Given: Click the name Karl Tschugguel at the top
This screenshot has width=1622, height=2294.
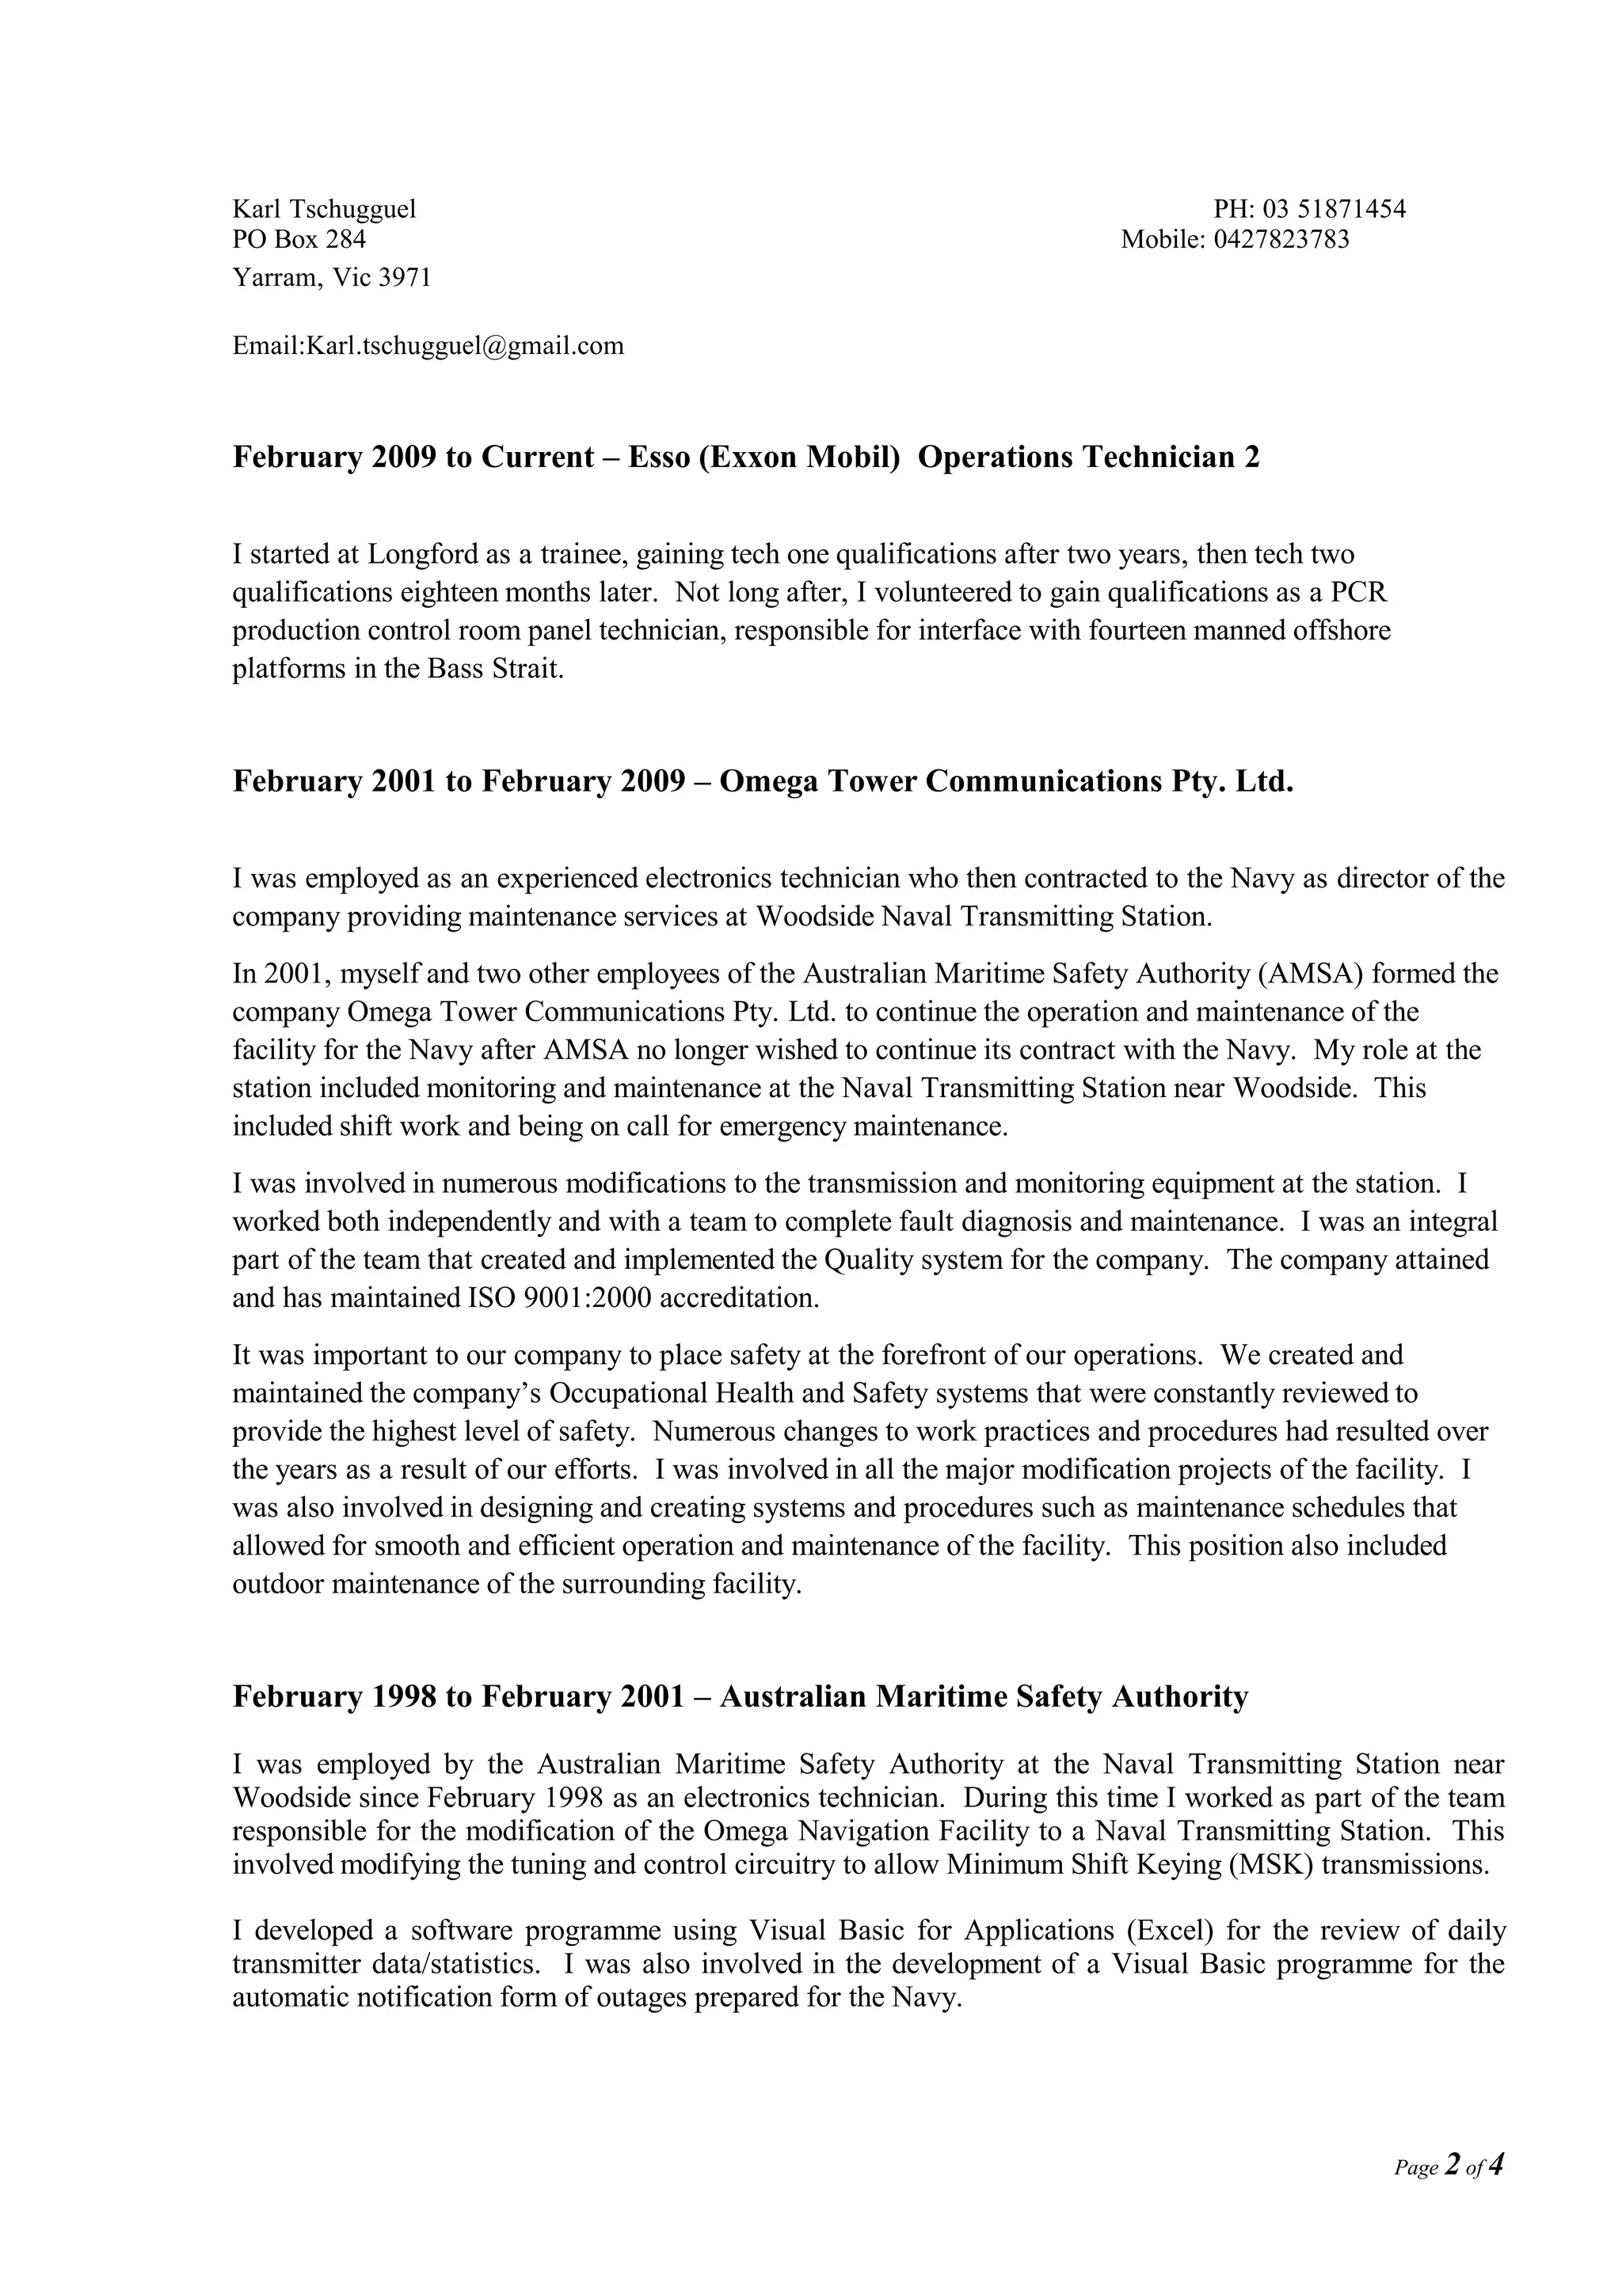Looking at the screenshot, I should [x=324, y=209].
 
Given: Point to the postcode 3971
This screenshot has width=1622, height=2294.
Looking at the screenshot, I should [x=405, y=278].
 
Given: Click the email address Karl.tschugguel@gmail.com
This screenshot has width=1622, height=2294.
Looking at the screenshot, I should [x=465, y=346].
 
